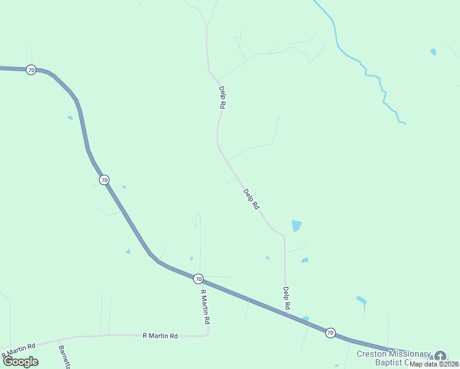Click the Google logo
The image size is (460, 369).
point(21,361)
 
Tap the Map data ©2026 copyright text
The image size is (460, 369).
point(434,364)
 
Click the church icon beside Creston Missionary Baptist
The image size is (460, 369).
point(440,356)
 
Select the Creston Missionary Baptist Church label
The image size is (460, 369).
point(394,358)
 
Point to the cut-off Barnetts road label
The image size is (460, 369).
point(64,357)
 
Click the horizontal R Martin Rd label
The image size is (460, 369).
point(160,336)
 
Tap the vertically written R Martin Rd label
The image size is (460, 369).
point(205,307)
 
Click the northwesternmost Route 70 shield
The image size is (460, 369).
point(31,70)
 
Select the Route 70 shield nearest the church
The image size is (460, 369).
point(330,333)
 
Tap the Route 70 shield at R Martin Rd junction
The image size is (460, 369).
point(198,279)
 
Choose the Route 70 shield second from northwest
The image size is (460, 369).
point(104,180)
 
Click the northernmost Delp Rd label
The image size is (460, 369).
point(221,97)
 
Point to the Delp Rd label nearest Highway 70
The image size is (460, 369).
point(286,298)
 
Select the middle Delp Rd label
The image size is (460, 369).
point(251,200)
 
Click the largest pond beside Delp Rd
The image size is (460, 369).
point(296,226)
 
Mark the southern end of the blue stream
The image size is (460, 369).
point(404,123)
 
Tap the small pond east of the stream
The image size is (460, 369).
point(434,52)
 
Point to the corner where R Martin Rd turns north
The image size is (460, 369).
point(208,335)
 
